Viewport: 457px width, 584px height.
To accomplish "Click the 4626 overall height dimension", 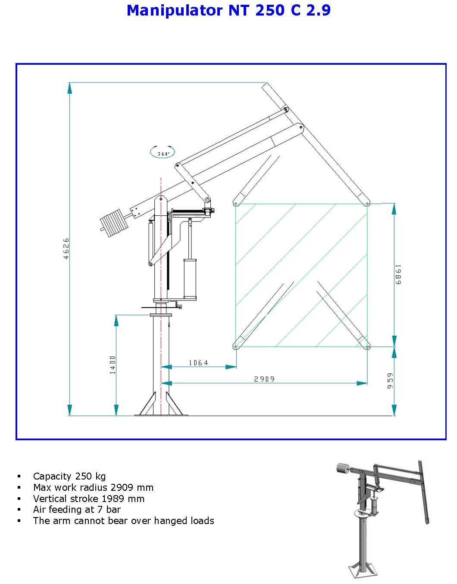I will tap(66, 248).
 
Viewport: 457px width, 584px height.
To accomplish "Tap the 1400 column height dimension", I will tap(113, 365).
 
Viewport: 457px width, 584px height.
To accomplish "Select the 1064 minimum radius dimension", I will tap(198, 363).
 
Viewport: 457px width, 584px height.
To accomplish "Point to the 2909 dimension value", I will tap(264, 379).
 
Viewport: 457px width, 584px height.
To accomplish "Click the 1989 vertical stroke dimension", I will tap(398, 275).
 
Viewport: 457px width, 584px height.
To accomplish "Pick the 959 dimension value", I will tap(390, 381).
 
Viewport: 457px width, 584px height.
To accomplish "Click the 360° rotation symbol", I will tap(163, 152).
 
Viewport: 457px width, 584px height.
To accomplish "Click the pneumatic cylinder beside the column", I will tap(190, 278).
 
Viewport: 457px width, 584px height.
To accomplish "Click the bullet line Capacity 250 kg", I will tap(69, 476).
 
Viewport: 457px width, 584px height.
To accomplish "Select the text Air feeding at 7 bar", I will tap(77, 509).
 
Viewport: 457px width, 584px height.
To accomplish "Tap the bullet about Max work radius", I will tap(93, 487).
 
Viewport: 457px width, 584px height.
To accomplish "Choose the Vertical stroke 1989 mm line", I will tap(89, 499).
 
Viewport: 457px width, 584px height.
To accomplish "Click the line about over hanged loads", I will tap(123, 521).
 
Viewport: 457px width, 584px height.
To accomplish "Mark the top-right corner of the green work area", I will tap(367, 204).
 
